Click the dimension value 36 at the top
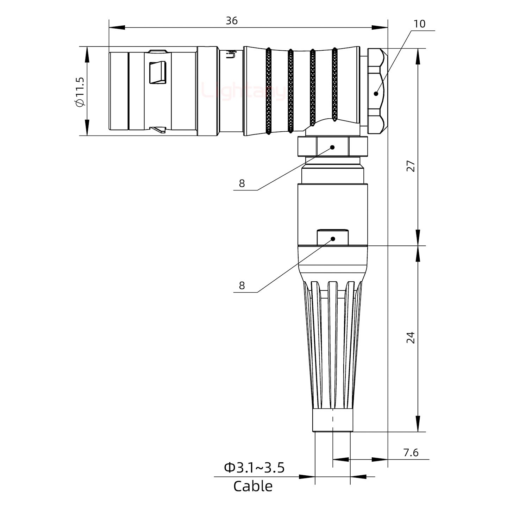pyautogui.click(x=232, y=21)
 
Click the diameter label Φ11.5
pyautogui.click(x=80, y=92)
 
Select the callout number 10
pyautogui.click(x=419, y=24)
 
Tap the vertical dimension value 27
pyautogui.click(x=411, y=166)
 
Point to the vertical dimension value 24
pyautogui.click(x=411, y=338)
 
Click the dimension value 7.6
pyautogui.click(x=411, y=452)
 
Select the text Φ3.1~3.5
pyautogui.click(x=254, y=468)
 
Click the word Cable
pyautogui.click(x=253, y=486)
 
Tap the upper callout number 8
pyautogui.click(x=242, y=183)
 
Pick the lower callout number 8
pyautogui.click(x=242, y=286)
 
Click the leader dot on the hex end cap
pyautogui.click(x=376, y=94)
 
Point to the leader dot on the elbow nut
pyautogui.click(x=332, y=148)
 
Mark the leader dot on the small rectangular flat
pyautogui.click(x=333, y=239)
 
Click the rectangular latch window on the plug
pyautogui.click(x=157, y=73)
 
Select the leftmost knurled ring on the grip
pyautogui.click(x=268, y=91)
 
